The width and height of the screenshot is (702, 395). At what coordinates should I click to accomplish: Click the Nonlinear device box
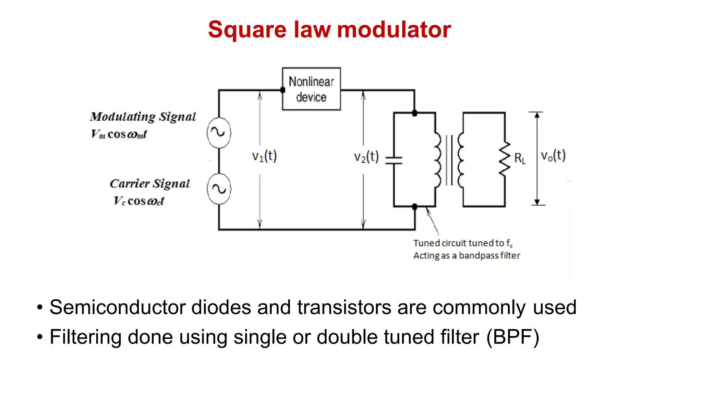point(311,89)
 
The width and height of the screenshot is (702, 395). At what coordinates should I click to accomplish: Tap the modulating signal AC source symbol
point(219,133)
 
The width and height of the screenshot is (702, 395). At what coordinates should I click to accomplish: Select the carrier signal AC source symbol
point(219,189)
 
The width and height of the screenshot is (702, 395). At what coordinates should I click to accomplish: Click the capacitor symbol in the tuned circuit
point(394,160)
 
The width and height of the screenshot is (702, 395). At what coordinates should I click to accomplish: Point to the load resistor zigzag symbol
point(505,158)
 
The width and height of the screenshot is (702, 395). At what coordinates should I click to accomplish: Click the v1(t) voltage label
point(264,156)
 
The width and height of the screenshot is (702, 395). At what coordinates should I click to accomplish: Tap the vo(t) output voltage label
point(553,156)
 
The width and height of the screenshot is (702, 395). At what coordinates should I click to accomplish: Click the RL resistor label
point(520,158)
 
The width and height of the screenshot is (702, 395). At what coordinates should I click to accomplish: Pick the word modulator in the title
point(394,29)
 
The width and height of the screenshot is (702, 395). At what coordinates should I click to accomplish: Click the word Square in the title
point(247,30)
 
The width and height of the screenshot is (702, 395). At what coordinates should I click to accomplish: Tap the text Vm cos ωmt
point(119,134)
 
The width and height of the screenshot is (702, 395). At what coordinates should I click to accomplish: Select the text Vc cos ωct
point(139,201)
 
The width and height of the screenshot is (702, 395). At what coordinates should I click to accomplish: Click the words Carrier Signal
point(149,184)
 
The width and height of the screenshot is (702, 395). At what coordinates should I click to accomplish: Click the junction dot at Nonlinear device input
point(283,90)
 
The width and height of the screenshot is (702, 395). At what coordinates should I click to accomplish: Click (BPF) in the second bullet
point(512,337)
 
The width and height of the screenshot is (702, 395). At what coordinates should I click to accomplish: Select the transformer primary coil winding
point(437,160)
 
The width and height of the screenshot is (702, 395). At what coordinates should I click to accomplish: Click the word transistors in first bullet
point(344,307)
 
